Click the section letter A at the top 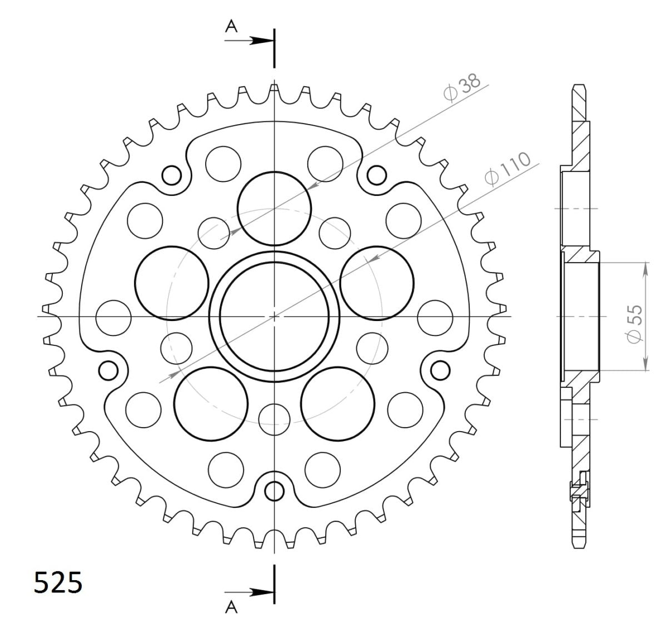tap(231, 26)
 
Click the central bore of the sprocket tap(274, 316)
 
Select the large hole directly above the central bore tap(274, 208)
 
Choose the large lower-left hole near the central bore tap(211, 404)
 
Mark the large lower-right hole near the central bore tap(337, 404)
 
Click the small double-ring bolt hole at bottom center tap(274, 491)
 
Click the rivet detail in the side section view tap(578, 490)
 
